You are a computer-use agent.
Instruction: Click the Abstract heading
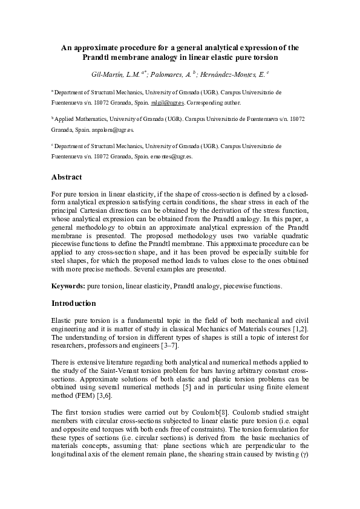tap(67, 178)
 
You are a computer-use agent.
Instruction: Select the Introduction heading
tap(74, 302)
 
